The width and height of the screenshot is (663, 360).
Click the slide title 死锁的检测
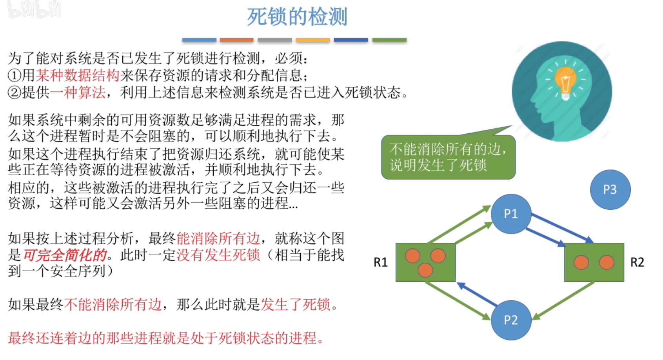297,17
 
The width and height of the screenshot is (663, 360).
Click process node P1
511,214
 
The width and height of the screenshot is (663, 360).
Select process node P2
511,320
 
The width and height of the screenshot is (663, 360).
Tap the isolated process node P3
610,189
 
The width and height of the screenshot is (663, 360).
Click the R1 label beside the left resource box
380,262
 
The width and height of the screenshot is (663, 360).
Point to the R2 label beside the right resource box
637,262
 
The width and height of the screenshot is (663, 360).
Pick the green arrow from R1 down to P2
457,300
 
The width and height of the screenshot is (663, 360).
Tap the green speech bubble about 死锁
448,157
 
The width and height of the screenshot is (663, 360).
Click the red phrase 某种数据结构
77,75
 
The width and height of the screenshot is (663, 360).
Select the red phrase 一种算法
78,93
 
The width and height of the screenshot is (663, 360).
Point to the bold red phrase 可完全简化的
65,255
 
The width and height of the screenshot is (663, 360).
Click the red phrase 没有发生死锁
218,255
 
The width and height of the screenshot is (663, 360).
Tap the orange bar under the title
236,40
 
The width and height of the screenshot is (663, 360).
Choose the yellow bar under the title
312,40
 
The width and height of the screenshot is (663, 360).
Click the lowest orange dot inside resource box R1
425,270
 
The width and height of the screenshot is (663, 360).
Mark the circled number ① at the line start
15,75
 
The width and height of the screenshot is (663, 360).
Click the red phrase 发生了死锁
296,304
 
